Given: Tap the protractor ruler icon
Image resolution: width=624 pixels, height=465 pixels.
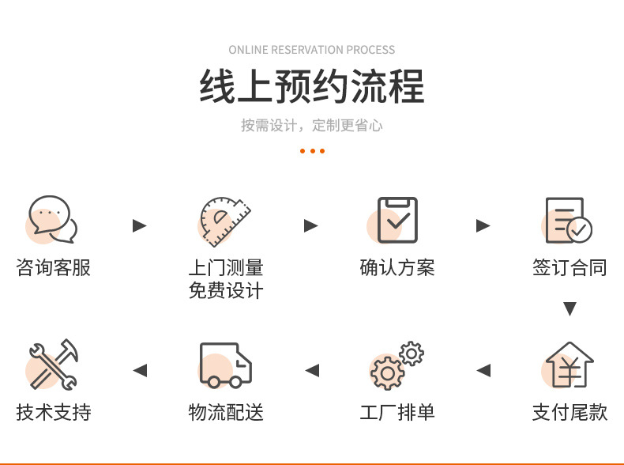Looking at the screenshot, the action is tap(225, 221).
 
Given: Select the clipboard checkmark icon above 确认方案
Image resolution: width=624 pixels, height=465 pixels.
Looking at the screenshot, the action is tap(397, 220).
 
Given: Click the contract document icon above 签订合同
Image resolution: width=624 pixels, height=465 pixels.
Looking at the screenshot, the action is tap(569, 220).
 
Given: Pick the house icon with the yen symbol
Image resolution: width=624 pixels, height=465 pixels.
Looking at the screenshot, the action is tap(569, 365).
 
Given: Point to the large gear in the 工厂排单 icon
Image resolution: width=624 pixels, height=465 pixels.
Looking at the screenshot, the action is tap(387, 373).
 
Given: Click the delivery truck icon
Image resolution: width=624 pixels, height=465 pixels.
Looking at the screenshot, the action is tap(225, 365).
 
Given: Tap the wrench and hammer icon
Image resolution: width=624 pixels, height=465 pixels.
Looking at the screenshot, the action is tap(54, 365).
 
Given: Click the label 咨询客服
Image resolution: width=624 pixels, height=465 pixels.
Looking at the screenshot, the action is tap(54, 267).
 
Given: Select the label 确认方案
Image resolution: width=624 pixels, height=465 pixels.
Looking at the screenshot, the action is tap(397, 267).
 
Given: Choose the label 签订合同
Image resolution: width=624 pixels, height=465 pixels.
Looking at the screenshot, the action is tap(569, 267).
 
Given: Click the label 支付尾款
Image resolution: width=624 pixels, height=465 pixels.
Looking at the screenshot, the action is tap(569, 412).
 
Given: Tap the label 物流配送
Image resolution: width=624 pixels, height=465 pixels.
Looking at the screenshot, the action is tap(226, 412).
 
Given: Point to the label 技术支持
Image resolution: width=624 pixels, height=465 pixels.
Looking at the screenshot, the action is tap(54, 412).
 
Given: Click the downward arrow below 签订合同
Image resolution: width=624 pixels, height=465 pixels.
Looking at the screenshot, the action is tap(569, 308).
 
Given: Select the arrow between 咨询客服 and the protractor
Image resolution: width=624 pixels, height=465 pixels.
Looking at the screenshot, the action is tap(140, 225).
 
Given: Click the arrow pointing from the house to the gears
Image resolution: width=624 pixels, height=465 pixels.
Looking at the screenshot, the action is tap(483, 370).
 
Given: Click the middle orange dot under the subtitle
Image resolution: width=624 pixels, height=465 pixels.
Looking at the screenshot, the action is tap(313, 151).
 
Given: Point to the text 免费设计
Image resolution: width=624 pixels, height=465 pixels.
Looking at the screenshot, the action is tap(226, 290).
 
